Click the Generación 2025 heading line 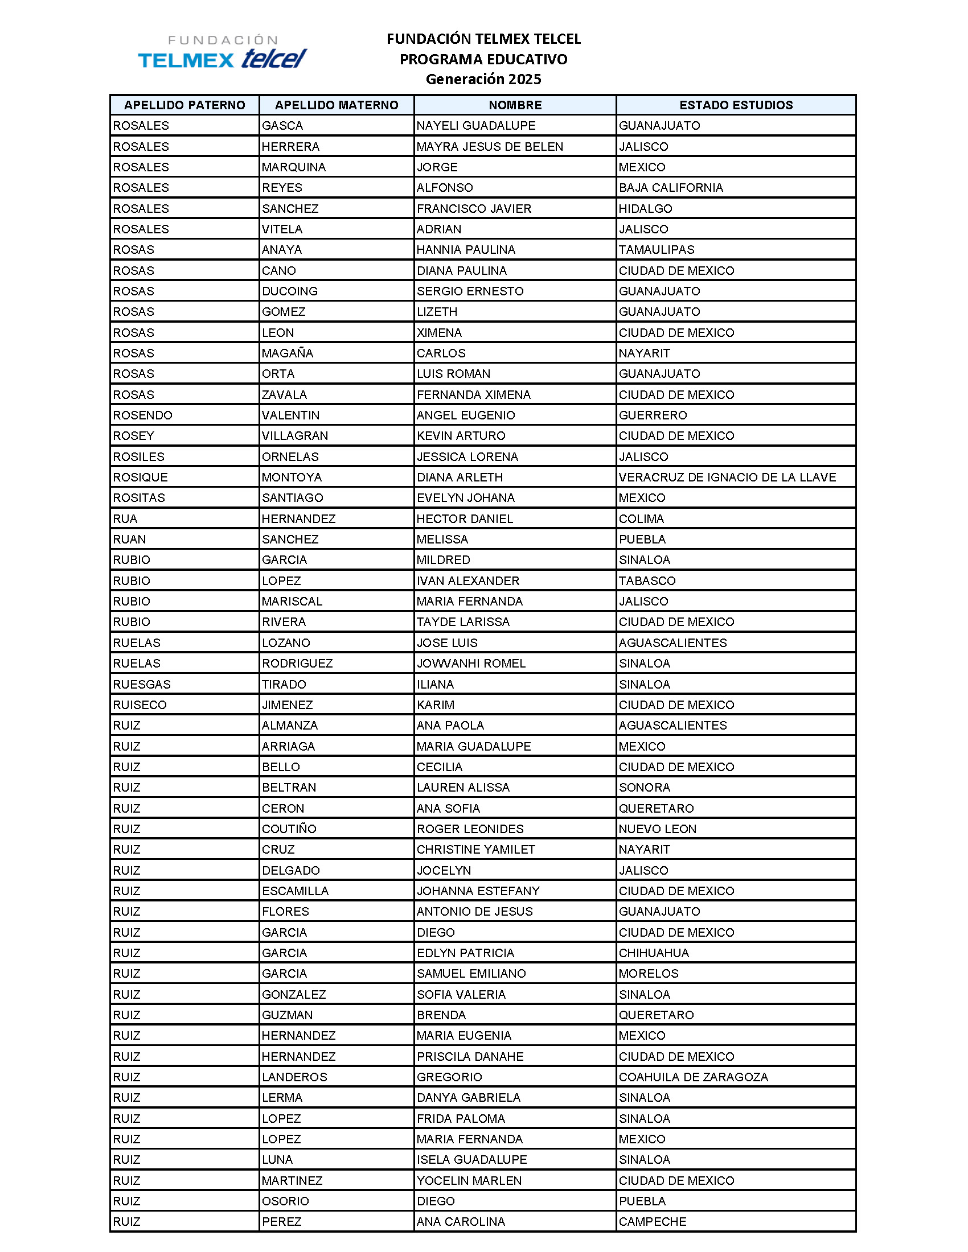point(483,79)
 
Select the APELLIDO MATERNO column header point(336,105)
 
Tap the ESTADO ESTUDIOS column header point(736,105)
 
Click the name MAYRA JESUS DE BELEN point(490,147)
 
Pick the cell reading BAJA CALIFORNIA point(670,188)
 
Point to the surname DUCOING point(290,291)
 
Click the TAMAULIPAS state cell point(656,250)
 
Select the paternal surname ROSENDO point(142,415)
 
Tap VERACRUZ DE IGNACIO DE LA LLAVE point(727,477)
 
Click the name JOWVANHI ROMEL point(471,663)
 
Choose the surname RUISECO point(140,705)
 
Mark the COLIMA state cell point(641,519)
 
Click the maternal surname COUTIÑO point(289,829)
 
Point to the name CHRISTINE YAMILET point(475,850)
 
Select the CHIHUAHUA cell point(654,953)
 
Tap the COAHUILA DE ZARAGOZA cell point(693,1077)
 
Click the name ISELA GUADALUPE point(471,1160)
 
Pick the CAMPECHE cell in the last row point(652,1222)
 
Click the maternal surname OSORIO point(285,1201)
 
